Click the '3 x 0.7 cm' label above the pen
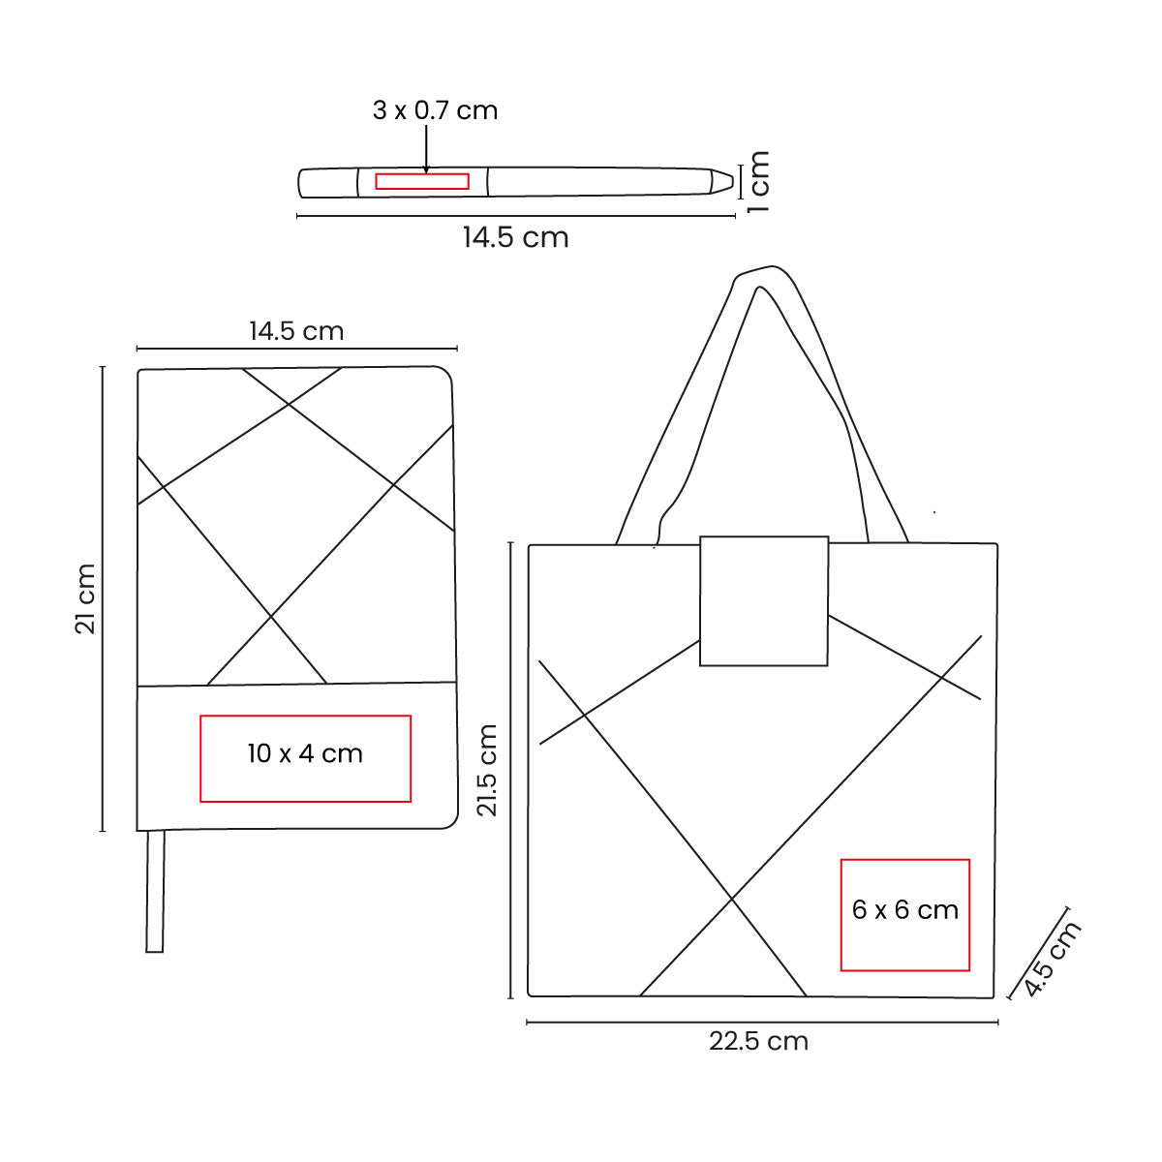[x=435, y=110]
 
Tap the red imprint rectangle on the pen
[x=422, y=181]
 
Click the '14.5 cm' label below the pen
[x=515, y=238]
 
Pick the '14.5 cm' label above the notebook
[x=296, y=331]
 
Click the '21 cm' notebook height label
[x=86, y=599]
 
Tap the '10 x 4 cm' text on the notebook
[x=305, y=753]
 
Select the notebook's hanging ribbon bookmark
[x=155, y=891]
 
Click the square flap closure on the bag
[x=764, y=600]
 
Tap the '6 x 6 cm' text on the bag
[x=905, y=910]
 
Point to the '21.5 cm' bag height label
[x=487, y=771]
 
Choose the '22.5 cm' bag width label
[x=758, y=1042]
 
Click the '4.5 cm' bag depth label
[x=1052, y=959]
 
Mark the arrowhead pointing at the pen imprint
[x=426, y=168]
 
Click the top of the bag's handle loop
[x=765, y=273]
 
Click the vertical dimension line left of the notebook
[x=102, y=599]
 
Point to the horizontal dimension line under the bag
[x=762, y=1022]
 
